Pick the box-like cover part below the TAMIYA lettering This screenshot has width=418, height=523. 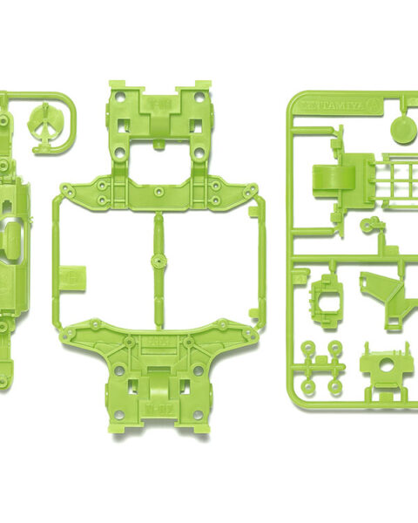pos(332,184)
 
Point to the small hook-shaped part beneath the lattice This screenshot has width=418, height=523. pos(372,228)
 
